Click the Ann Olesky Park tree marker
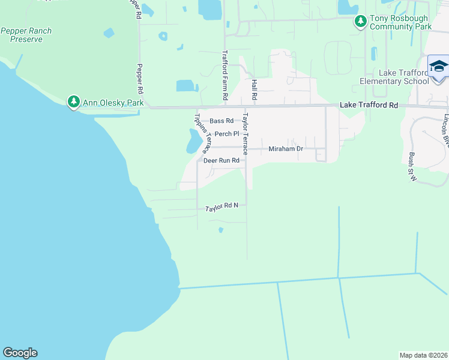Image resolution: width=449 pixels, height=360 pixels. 74,102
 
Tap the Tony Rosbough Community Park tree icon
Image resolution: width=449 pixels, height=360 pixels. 360,22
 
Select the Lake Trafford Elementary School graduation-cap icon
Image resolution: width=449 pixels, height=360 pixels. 439,66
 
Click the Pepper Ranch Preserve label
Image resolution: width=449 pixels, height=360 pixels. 26,35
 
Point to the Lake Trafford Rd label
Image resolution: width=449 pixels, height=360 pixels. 369,104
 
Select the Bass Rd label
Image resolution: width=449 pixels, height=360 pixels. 221,121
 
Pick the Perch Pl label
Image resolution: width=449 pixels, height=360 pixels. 227,134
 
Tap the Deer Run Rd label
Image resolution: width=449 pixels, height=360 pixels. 221,161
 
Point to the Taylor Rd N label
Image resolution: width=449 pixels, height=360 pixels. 221,207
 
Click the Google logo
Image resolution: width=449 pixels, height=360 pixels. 20,353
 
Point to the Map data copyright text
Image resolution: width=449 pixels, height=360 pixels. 423,355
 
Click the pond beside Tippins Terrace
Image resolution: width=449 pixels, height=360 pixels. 193,142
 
